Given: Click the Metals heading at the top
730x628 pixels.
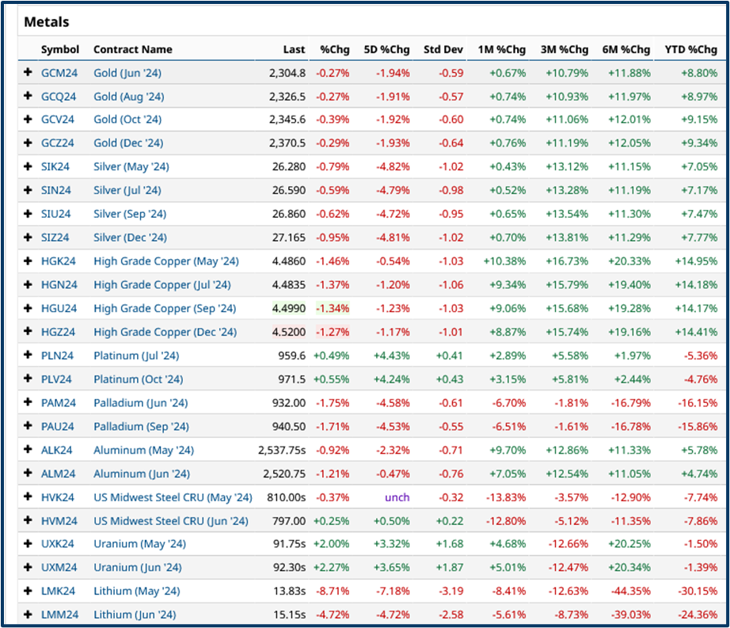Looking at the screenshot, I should [x=47, y=21].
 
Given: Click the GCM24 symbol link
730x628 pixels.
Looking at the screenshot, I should [x=59, y=73].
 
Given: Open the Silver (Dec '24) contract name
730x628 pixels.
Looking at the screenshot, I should [x=130, y=238].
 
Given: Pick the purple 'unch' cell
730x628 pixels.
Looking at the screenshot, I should [x=397, y=497].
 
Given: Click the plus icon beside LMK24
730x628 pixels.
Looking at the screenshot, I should [x=29, y=592].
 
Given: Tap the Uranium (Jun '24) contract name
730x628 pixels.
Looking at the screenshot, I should [x=137, y=568].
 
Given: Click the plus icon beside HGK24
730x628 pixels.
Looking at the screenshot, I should [x=29, y=261].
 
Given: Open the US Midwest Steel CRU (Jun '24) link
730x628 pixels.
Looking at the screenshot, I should [x=170, y=521].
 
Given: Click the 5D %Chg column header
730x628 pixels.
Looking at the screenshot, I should [x=386, y=49].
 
